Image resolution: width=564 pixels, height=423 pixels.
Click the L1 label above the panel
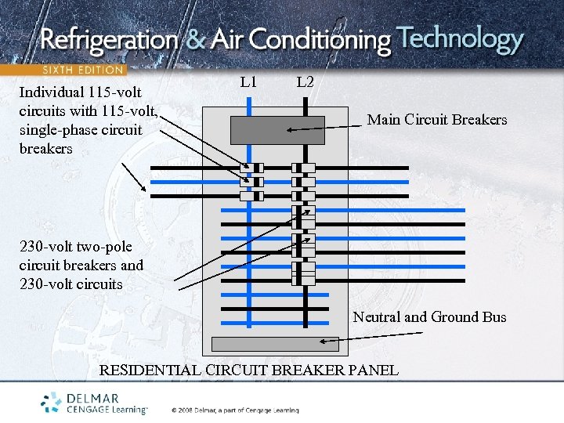248,81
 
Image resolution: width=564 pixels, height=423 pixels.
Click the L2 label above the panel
305,81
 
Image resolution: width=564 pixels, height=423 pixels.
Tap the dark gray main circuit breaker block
277,130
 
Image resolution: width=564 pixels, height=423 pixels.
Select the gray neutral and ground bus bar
276,344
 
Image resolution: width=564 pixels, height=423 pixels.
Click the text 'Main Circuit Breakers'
436,120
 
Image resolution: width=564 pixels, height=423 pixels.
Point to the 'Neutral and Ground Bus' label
429,317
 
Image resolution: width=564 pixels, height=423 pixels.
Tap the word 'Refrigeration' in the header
110,39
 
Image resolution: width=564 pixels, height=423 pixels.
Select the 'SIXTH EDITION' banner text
82,70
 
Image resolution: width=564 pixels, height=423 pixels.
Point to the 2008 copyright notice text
234,410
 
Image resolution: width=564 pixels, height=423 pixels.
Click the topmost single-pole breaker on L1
252,168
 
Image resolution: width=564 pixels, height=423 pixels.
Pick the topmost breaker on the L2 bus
303,168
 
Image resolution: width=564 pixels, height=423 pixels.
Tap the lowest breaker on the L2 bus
303,273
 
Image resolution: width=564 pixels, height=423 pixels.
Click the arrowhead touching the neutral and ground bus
324,342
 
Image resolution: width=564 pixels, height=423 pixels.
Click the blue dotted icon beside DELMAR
52,402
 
